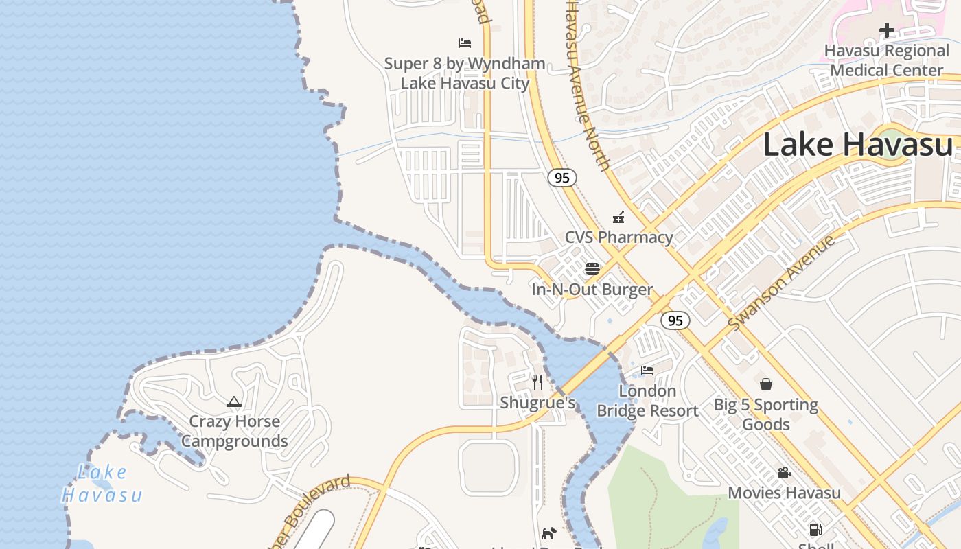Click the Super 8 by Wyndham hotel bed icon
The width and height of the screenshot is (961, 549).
click(465, 43)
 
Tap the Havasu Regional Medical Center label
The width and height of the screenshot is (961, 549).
click(886, 60)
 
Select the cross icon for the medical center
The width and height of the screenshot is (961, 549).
click(886, 30)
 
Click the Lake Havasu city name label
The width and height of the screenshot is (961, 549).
click(858, 145)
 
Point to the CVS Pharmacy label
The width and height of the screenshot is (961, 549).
click(618, 237)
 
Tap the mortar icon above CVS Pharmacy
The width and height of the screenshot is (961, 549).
click(618, 218)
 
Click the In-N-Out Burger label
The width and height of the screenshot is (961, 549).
click(592, 290)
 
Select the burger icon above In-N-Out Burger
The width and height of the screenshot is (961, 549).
click(592, 268)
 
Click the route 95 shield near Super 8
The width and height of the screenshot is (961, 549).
click(561, 178)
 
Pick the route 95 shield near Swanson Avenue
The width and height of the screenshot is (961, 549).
click(675, 320)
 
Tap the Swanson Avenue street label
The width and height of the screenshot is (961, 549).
click(782, 282)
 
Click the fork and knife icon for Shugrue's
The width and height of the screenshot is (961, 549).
click(537, 382)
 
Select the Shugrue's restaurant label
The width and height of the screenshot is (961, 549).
click(537, 403)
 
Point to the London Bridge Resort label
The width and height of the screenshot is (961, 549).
click(647, 401)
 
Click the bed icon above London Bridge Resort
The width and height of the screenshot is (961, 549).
click(647, 371)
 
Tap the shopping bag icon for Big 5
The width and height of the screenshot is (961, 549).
click(766, 384)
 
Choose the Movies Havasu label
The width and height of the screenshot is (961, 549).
click(784, 493)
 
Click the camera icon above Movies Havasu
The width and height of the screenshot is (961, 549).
click(784, 473)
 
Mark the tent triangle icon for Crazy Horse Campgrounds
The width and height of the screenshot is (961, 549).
click(234, 401)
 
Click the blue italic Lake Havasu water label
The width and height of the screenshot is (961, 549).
click(102, 484)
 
